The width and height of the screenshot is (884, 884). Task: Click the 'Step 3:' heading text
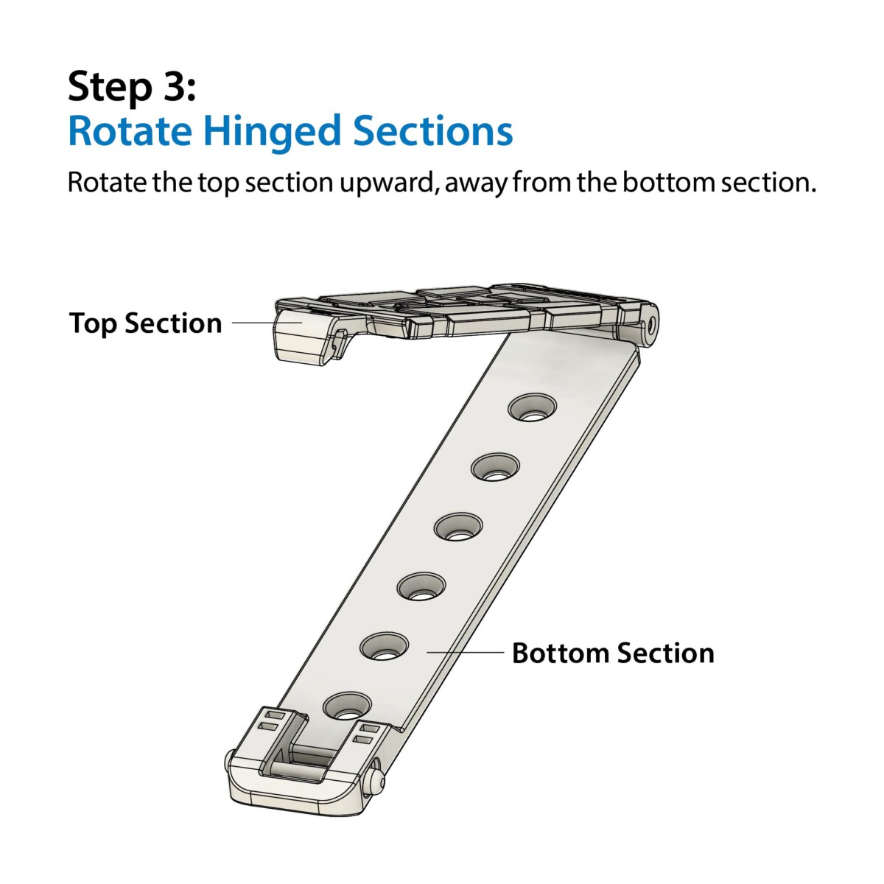click(x=132, y=87)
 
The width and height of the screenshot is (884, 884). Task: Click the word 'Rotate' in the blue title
click(x=130, y=131)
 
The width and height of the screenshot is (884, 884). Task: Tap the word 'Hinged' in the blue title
click(x=273, y=133)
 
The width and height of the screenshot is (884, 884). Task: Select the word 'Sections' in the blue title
click(x=432, y=131)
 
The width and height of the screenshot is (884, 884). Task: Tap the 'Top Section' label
click(x=145, y=323)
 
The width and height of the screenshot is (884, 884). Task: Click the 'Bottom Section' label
click(x=614, y=653)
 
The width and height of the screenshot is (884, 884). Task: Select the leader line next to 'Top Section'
click(x=267, y=323)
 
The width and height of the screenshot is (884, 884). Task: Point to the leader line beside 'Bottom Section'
click(x=465, y=652)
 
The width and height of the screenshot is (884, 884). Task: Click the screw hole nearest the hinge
click(x=532, y=407)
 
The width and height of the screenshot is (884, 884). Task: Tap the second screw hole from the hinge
click(x=496, y=467)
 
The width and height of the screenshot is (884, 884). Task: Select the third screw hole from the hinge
click(x=458, y=526)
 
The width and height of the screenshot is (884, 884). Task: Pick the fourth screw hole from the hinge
click(x=421, y=586)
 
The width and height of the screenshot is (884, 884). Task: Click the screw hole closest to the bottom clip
click(x=347, y=706)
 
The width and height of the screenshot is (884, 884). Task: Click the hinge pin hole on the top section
click(x=650, y=325)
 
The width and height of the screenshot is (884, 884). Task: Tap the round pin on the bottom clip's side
click(x=377, y=775)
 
